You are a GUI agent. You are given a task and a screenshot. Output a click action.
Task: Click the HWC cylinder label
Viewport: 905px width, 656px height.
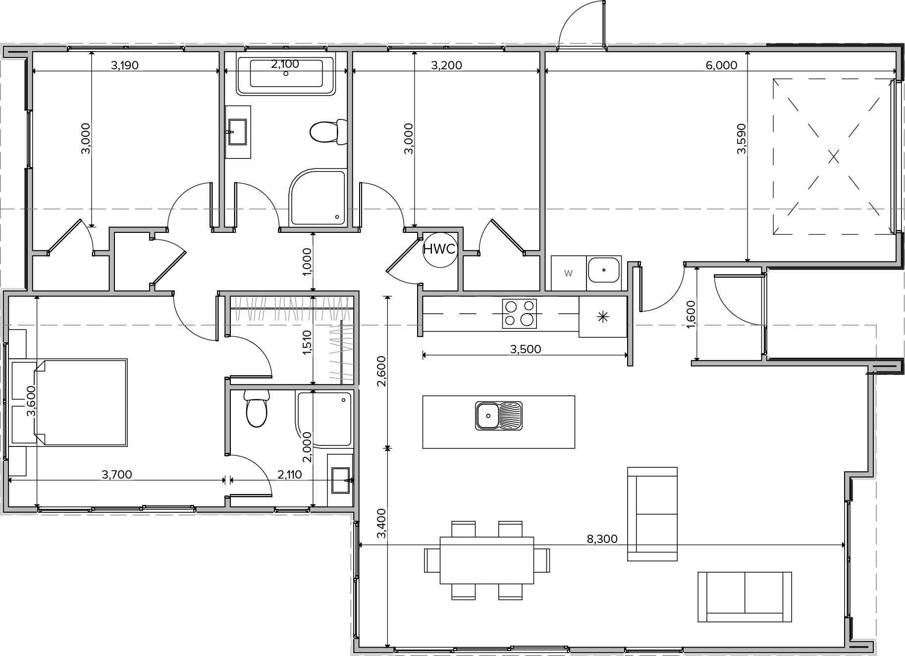(439, 249)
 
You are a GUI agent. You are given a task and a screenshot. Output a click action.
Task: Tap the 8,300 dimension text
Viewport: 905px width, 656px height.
(602, 539)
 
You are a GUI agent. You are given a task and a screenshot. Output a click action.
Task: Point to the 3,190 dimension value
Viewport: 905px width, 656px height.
(124, 65)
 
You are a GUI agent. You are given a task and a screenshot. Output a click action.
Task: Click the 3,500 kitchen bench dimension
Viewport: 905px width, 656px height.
(526, 349)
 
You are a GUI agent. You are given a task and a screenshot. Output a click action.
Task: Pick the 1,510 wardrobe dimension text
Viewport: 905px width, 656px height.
(307, 342)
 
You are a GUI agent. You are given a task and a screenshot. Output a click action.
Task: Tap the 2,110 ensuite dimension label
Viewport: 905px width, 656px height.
(289, 475)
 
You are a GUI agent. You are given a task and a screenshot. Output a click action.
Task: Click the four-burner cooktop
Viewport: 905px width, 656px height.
(519, 314)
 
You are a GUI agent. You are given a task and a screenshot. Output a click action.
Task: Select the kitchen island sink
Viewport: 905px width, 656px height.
(499, 415)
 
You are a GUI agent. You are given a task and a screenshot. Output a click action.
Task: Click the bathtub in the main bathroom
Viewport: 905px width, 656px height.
(286, 75)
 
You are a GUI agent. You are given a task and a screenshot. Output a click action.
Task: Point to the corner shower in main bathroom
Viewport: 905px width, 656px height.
(317, 198)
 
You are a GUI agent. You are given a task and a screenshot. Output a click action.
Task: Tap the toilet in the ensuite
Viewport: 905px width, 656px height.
(257, 408)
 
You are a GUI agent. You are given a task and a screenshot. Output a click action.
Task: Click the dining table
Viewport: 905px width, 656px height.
(487, 560)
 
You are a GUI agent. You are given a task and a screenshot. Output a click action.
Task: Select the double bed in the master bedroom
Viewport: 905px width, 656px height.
(81, 402)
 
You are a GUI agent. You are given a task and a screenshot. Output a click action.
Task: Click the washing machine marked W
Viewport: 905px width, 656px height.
(569, 273)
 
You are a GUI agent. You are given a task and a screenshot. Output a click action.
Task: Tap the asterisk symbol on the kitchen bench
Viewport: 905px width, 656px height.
(603, 317)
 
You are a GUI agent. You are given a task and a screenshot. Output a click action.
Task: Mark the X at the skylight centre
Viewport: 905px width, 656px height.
(834, 157)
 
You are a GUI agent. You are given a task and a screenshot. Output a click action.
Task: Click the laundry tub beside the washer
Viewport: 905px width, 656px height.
(604, 270)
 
